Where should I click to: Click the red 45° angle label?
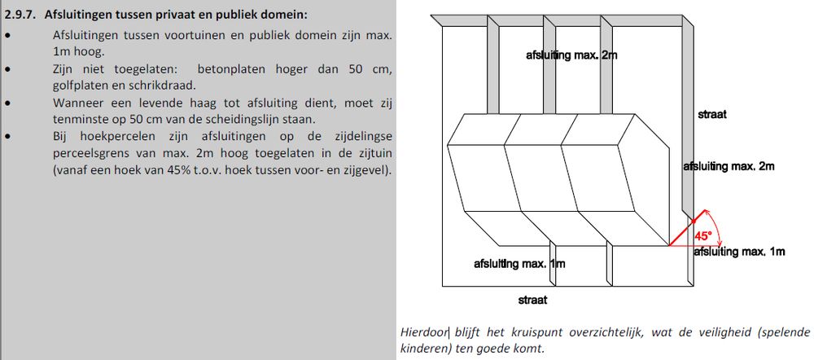coord(702,236)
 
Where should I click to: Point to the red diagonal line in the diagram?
coord(682,230)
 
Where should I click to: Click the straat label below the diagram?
coord(532,300)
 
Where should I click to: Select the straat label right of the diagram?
coord(712,115)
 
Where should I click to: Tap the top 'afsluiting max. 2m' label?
coord(572,55)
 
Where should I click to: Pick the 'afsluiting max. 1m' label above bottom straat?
coord(519,264)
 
